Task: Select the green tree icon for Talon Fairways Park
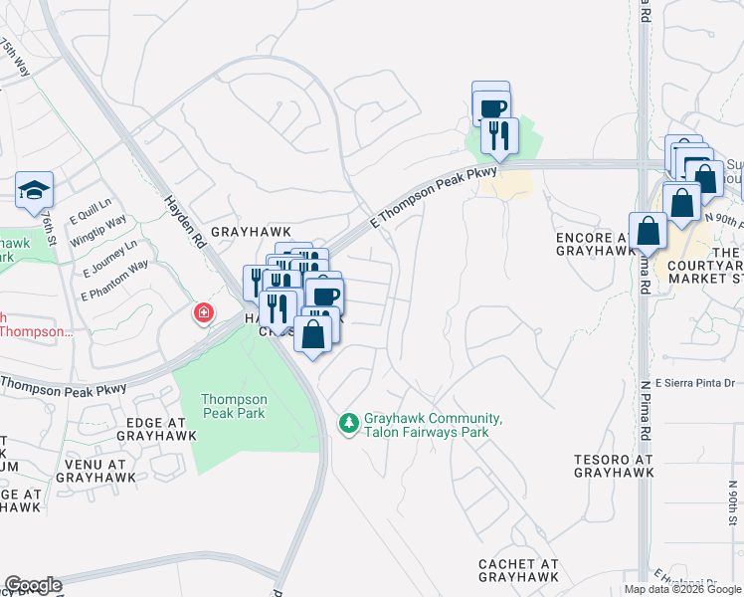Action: [x=348, y=424]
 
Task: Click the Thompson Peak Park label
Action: [x=234, y=405]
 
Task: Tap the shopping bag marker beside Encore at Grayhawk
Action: [x=648, y=231]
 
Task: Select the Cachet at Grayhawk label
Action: [x=518, y=570]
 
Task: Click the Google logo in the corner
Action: [x=33, y=585]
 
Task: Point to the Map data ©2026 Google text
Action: [x=682, y=589]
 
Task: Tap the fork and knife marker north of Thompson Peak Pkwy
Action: [x=499, y=134]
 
